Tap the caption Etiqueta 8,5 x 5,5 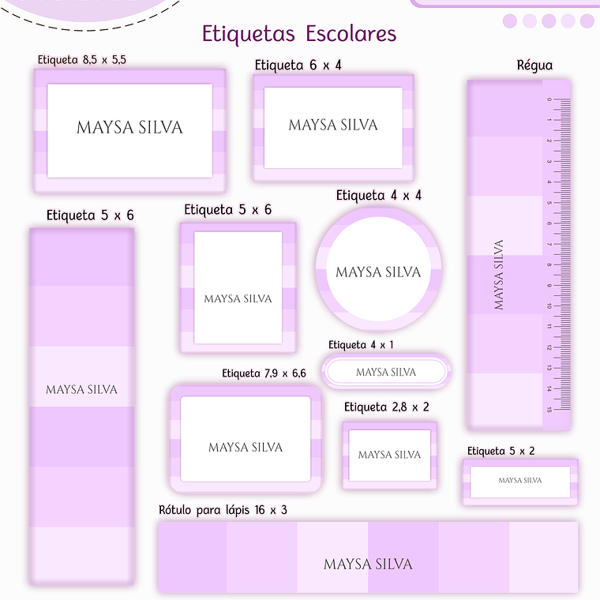point(82,59)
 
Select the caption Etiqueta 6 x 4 point(298,65)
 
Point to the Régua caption point(534,66)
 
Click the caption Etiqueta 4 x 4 point(379,195)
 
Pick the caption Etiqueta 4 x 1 point(361,345)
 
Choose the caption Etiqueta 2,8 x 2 point(387,407)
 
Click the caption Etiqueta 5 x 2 point(501,451)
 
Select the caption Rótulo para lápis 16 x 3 point(223,510)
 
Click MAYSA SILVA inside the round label point(379,272)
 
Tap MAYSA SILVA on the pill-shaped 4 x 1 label point(386,372)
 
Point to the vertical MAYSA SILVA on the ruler point(498,275)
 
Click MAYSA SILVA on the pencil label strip point(368,564)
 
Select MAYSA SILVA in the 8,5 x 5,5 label point(129,127)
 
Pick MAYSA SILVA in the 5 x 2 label point(520,480)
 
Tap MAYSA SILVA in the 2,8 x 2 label point(389,455)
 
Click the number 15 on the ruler point(548,409)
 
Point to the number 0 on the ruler point(548,100)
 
